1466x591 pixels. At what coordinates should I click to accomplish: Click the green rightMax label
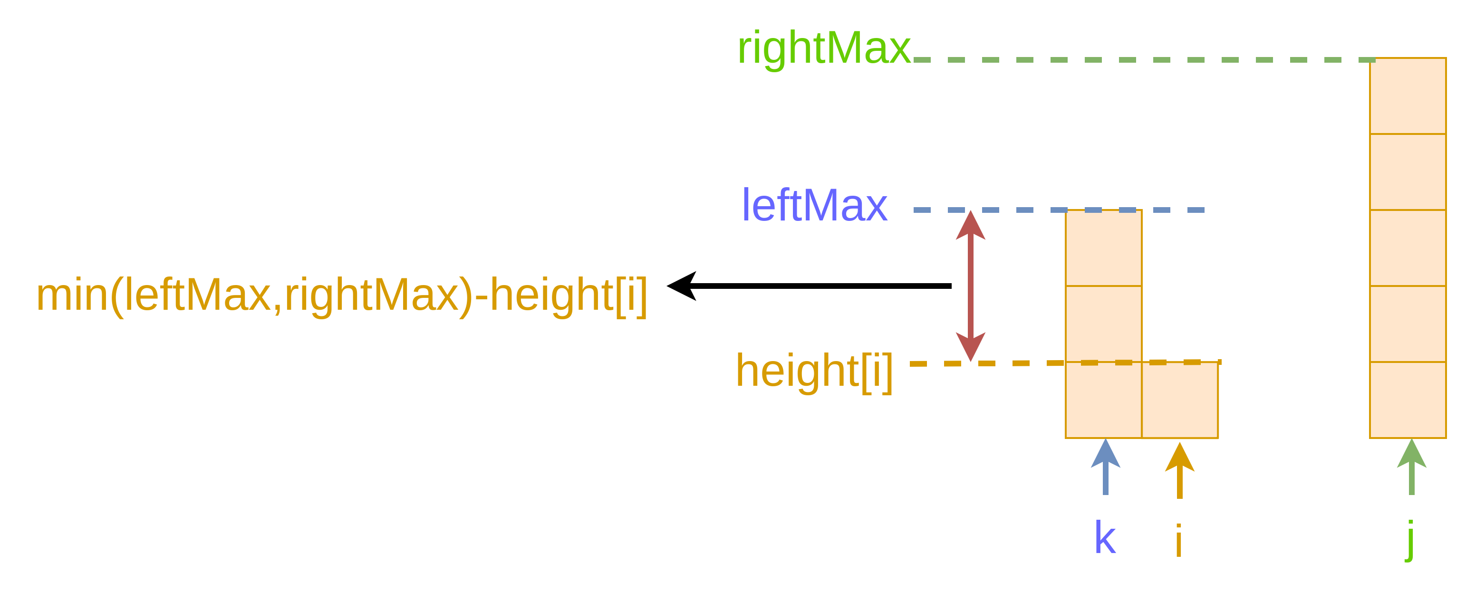(x=823, y=49)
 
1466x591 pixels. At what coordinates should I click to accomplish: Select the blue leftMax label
(x=814, y=205)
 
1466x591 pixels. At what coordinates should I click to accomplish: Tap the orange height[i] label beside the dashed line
(x=814, y=371)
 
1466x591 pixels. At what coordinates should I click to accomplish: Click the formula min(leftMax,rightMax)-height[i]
(x=341, y=295)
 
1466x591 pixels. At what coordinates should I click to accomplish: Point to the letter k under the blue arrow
(x=1105, y=537)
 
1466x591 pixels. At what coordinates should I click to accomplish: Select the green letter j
(x=1411, y=539)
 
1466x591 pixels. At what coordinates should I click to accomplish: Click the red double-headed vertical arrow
(x=970, y=286)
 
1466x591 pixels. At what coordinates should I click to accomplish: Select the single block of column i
(x=1180, y=400)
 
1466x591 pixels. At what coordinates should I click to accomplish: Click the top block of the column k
(x=1103, y=248)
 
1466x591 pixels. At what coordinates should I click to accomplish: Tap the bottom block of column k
(x=1103, y=400)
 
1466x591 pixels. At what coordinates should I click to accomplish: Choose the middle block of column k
(x=1103, y=324)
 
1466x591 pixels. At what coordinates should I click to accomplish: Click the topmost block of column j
(x=1408, y=96)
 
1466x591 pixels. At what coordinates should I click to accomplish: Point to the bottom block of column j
(x=1408, y=400)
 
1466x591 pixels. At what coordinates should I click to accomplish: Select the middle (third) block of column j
(x=1408, y=248)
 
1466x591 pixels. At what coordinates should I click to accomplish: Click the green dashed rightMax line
(x=1138, y=60)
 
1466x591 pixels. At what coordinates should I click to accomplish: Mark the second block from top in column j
(x=1408, y=172)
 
